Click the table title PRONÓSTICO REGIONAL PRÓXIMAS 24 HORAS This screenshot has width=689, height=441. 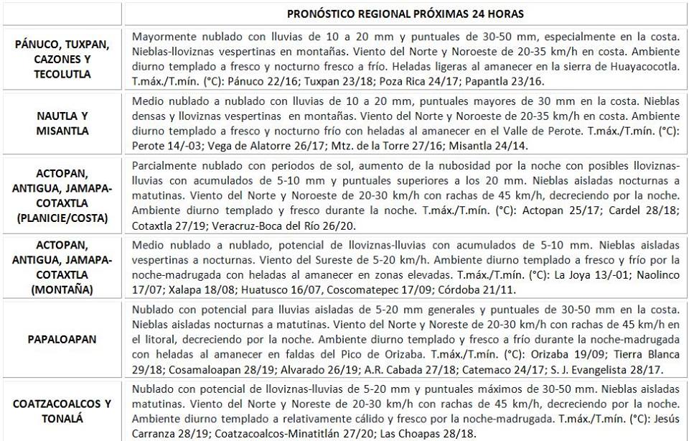[405, 14]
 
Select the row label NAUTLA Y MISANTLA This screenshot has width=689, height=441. [62, 123]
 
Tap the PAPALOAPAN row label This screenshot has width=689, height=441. [62, 338]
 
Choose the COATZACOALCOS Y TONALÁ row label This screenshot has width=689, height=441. [62, 411]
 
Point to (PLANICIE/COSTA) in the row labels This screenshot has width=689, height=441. [62, 217]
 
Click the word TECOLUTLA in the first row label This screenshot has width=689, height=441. [62, 74]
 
